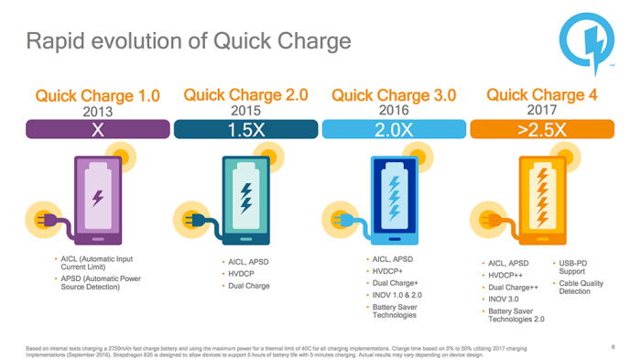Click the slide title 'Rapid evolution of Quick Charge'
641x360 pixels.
(188, 41)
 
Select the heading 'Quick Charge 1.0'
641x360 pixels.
(97, 95)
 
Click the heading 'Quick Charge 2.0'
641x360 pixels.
(245, 94)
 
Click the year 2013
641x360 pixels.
(97, 112)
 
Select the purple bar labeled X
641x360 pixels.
(97, 130)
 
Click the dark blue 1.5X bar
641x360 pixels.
(245, 130)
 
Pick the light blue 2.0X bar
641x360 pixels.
(393, 130)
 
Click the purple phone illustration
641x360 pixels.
(97, 197)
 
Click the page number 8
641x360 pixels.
(612, 345)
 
